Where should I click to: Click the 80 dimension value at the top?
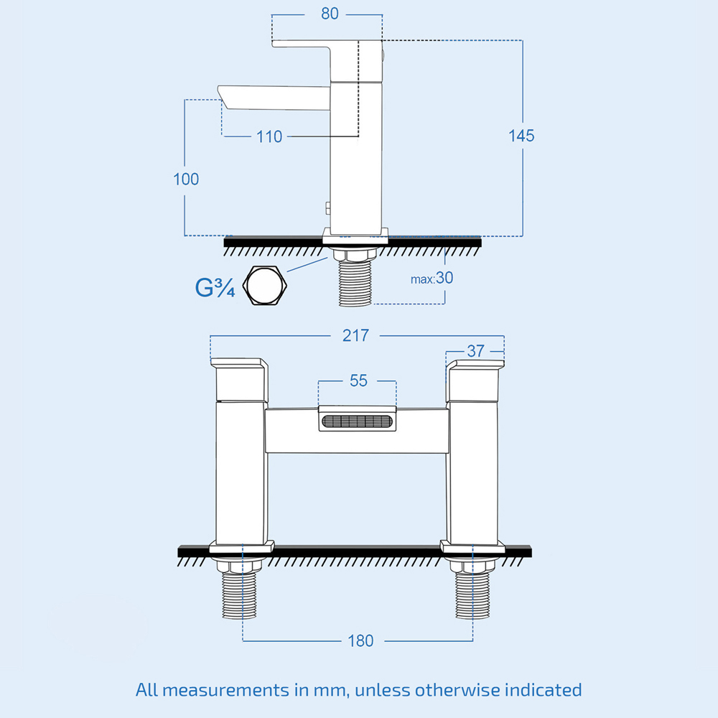[x=330, y=14]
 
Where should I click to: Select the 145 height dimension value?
[x=522, y=135]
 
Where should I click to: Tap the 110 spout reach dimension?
[x=269, y=136]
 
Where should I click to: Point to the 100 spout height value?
[x=186, y=179]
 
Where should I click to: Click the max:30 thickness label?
[x=432, y=278]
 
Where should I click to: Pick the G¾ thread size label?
[x=215, y=287]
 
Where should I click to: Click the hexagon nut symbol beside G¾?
[x=265, y=285]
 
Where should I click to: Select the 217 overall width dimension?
[x=355, y=335]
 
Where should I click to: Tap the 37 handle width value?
[x=476, y=351]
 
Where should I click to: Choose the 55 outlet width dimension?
[x=358, y=381]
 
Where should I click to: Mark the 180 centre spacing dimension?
[x=360, y=640]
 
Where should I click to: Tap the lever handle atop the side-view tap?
[x=316, y=45]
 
